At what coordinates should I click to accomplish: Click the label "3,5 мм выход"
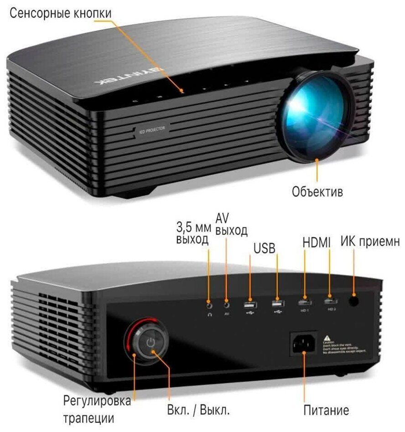[x=193, y=232]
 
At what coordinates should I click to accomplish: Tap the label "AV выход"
[x=231, y=225]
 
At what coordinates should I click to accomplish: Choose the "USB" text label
[x=265, y=248]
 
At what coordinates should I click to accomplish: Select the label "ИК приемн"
[x=370, y=242]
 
